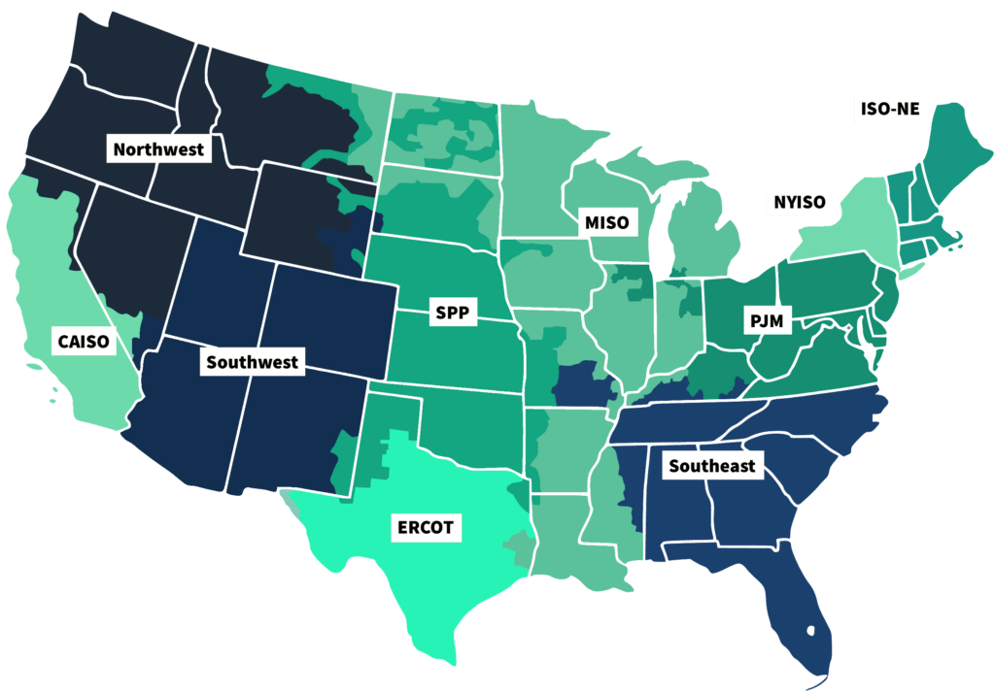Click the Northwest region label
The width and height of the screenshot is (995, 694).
[158, 149]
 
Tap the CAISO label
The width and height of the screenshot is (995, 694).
[84, 341]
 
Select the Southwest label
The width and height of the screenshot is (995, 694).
[253, 363]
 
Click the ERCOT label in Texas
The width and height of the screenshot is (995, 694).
[425, 529]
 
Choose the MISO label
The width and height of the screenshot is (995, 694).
[606, 222]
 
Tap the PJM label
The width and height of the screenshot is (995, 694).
[767, 319]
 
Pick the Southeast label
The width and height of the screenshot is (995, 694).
[711, 466]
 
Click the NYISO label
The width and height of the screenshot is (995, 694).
[800, 202]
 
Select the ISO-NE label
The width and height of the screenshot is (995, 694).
[885, 110]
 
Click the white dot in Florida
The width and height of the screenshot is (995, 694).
[811, 632]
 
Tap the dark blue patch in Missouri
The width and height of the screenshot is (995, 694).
[584, 384]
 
